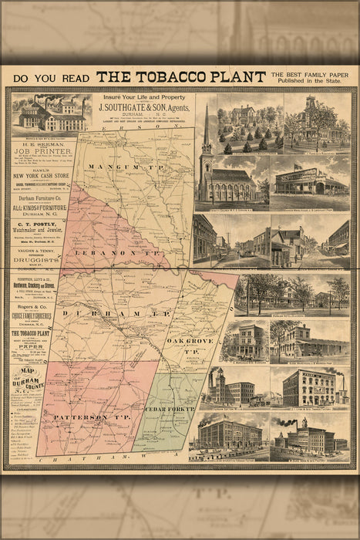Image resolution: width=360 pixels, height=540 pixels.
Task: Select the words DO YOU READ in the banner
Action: (x=49, y=77)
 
